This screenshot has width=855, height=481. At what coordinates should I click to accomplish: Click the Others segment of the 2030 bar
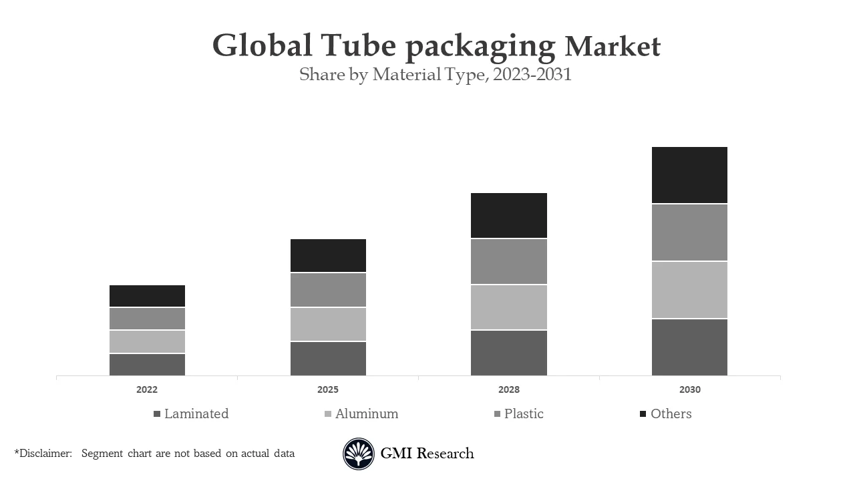(689, 175)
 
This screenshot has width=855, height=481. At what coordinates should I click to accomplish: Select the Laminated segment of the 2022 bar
(147, 365)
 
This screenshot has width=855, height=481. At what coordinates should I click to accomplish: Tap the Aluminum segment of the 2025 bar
(328, 324)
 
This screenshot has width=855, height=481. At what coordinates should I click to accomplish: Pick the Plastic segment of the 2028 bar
(508, 261)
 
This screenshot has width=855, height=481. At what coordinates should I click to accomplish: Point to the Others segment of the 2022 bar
(147, 296)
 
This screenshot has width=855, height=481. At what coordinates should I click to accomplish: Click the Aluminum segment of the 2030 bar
(689, 290)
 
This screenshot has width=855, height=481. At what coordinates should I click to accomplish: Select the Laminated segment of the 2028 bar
(508, 353)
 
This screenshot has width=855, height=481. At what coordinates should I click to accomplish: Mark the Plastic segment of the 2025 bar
(328, 290)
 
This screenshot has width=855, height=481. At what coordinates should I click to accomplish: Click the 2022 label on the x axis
(147, 389)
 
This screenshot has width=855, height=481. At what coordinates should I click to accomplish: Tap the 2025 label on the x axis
(328, 389)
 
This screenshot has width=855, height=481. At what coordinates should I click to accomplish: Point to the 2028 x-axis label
(508, 389)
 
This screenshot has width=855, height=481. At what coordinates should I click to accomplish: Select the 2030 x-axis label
(689, 389)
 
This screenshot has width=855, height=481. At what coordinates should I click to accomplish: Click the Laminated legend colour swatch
(157, 414)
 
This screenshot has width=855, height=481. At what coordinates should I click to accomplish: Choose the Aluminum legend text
(367, 414)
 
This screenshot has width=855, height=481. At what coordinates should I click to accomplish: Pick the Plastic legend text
(524, 414)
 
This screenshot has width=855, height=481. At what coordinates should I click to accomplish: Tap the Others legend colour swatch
(643, 414)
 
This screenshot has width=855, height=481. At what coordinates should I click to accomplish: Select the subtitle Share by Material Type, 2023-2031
(436, 74)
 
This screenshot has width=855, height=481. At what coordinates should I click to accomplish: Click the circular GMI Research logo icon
(359, 454)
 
